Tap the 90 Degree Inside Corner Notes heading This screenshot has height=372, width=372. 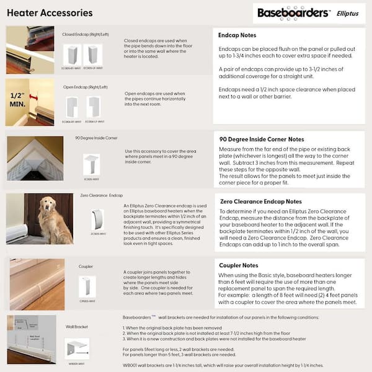tap(261, 139)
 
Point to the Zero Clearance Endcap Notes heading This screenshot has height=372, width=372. tap(261, 201)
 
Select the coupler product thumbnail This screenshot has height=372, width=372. tap(87, 286)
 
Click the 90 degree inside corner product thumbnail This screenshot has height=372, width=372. tap(91, 164)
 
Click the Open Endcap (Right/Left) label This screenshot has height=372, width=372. tap(84, 87)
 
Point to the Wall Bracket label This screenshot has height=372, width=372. tap(77, 325)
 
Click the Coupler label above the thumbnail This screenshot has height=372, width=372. tap(86, 267)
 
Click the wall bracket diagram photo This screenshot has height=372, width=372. tap(30, 340)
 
